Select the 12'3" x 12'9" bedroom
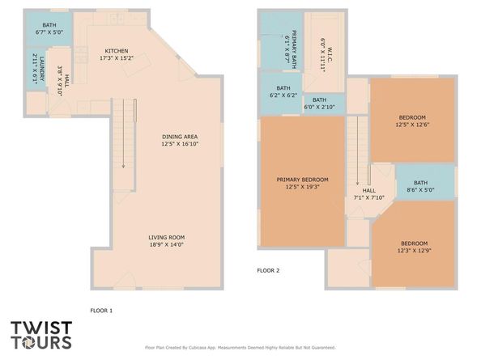[413, 246]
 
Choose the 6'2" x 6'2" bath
[283, 91]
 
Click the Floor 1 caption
[101, 310]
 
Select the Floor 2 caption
[268, 270]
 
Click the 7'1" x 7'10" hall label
[368, 193]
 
